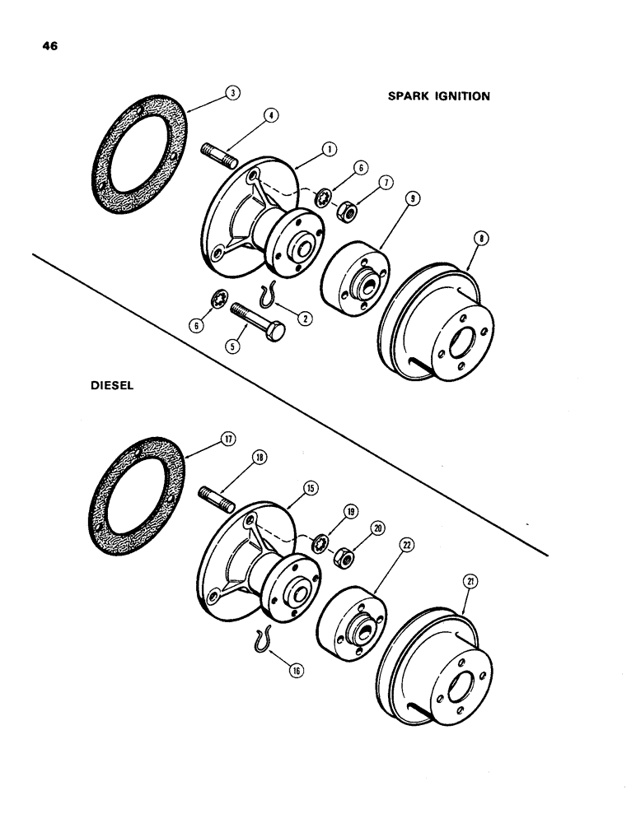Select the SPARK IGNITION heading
coord(439,96)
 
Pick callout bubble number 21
coord(470,583)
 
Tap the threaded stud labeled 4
coord(218,154)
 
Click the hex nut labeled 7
coord(346,213)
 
